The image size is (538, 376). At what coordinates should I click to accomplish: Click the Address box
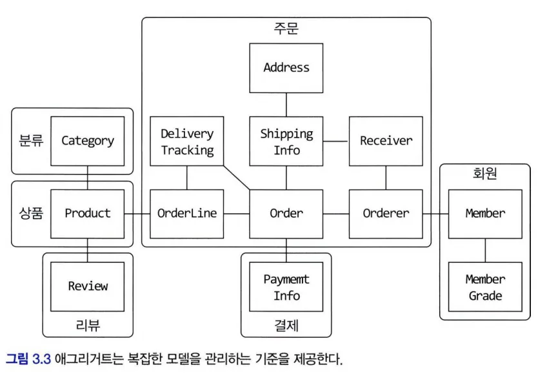(286, 68)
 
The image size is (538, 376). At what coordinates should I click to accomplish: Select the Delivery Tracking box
(187, 141)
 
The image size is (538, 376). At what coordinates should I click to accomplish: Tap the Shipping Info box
(286, 141)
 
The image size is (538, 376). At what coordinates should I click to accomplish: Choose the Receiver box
(386, 141)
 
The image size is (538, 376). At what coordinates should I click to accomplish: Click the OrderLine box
(187, 213)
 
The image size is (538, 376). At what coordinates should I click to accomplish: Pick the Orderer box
(386, 213)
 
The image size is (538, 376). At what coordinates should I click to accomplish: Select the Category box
(88, 141)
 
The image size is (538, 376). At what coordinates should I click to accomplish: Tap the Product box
(88, 213)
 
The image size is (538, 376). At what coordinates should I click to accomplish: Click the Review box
(88, 286)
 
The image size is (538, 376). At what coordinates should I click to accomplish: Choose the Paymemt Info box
(286, 287)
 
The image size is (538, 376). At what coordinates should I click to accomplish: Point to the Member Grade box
(485, 287)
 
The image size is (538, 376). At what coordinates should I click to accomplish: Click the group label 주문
(286, 28)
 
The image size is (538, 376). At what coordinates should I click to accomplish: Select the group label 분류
(31, 141)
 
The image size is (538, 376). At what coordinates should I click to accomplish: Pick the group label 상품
(31, 213)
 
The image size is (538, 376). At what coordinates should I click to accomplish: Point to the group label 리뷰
(88, 325)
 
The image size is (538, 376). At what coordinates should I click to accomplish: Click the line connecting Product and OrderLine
(137, 213)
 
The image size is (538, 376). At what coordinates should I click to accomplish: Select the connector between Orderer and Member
(435, 213)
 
